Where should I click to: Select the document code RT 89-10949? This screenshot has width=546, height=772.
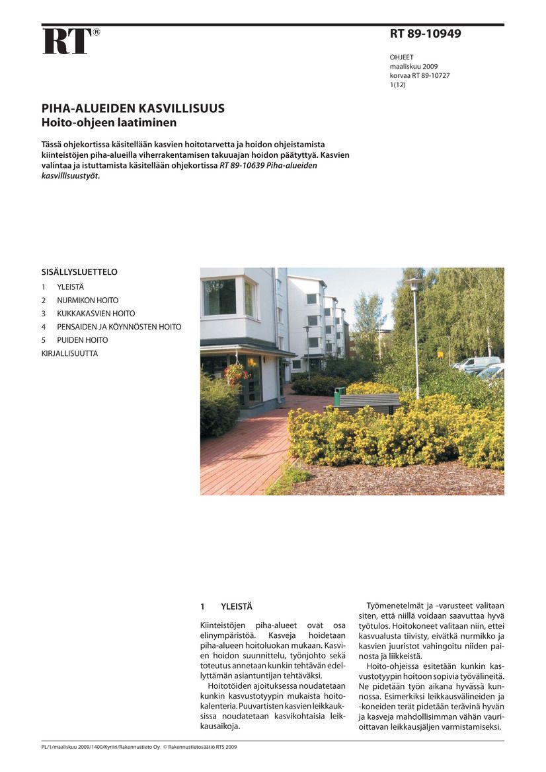coord(425,34)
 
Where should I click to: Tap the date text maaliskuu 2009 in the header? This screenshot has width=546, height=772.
coord(413,67)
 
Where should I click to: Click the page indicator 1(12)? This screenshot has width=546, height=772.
coord(398,85)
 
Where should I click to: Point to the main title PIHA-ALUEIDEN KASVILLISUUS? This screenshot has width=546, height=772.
coord(133,109)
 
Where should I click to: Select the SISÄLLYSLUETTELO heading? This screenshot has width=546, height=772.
coord(79,271)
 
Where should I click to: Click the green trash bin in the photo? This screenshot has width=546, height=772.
coord(339,396)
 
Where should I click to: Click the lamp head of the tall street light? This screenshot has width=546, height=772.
coord(414,282)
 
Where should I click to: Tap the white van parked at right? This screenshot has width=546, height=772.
coord(477,363)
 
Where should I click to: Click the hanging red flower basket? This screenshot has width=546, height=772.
coord(235,373)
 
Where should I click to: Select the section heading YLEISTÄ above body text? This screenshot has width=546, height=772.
coord(237,606)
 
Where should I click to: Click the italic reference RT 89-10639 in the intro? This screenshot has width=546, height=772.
coord(242,166)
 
